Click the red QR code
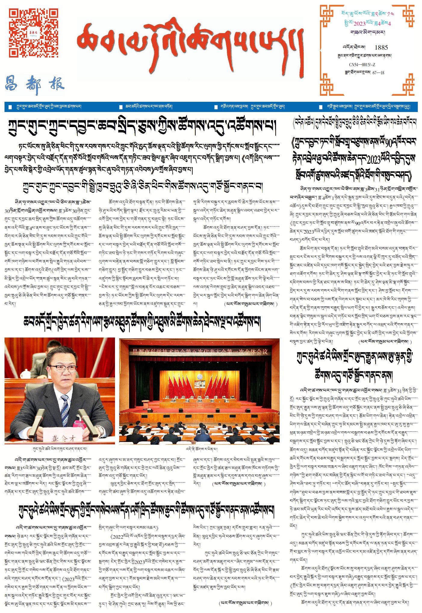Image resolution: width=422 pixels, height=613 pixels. tap(33, 33)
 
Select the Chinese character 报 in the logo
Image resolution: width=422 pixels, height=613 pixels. tap(57, 83)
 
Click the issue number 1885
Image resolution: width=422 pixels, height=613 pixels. tap(381, 48)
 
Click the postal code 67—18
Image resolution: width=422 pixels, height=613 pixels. tap(378, 73)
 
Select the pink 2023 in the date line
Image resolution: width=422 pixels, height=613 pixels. tap(359, 23)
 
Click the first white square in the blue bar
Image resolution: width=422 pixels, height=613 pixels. tap(10, 107)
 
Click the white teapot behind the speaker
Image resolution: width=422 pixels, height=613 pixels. tap(26, 373)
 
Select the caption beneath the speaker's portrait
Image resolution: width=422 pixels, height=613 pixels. tap(60, 449)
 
